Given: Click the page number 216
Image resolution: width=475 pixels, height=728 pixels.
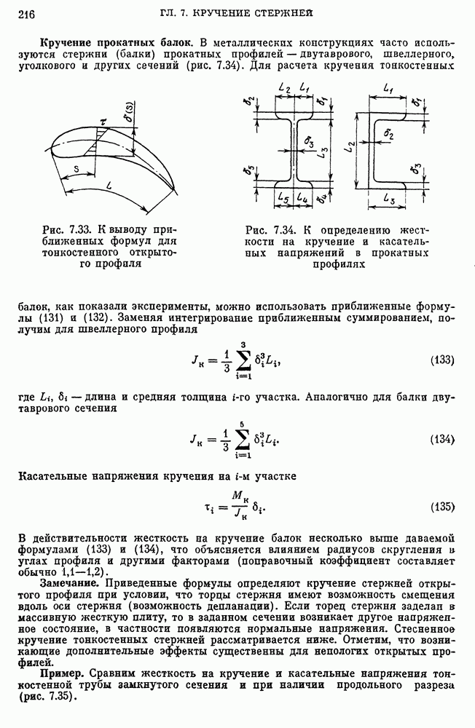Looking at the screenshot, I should (27, 13).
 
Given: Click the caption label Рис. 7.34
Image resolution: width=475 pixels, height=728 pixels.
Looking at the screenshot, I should (272, 231).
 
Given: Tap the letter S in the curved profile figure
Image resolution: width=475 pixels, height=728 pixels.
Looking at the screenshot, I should (76, 167).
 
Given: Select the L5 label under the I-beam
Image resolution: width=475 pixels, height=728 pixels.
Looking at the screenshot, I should (284, 198).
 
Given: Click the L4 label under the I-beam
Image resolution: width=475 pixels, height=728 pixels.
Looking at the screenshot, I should (304, 198).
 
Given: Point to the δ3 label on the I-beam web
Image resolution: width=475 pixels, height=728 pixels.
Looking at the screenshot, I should (310, 141).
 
